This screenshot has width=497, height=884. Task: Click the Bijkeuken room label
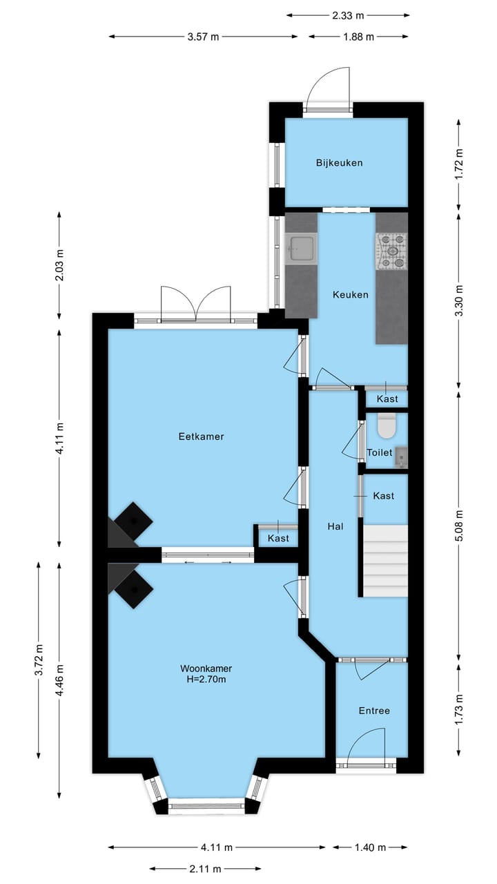click(339, 162)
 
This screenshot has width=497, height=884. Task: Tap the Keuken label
click(351, 294)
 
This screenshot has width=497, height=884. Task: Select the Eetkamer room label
click(201, 436)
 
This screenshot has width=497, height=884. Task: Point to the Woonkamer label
click(206, 668)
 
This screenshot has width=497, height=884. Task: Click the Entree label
click(374, 711)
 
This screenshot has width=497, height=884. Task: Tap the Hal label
click(335, 526)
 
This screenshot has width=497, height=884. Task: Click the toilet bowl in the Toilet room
click(386, 426)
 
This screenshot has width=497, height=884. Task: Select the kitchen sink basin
click(302, 249)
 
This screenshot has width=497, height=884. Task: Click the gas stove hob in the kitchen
click(391, 251)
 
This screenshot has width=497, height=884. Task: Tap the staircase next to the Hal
click(385, 560)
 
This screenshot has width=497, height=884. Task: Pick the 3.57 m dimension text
click(203, 37)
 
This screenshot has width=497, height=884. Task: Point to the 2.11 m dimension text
click(205, 868)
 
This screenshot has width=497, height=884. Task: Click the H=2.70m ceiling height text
click(206, 679)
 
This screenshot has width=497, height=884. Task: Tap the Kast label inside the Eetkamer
click(278, 538)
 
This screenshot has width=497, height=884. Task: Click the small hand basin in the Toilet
click(401, 457)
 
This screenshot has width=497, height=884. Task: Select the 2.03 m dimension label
click(59, 265)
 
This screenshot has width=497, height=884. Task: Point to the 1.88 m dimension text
click(358, 37)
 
